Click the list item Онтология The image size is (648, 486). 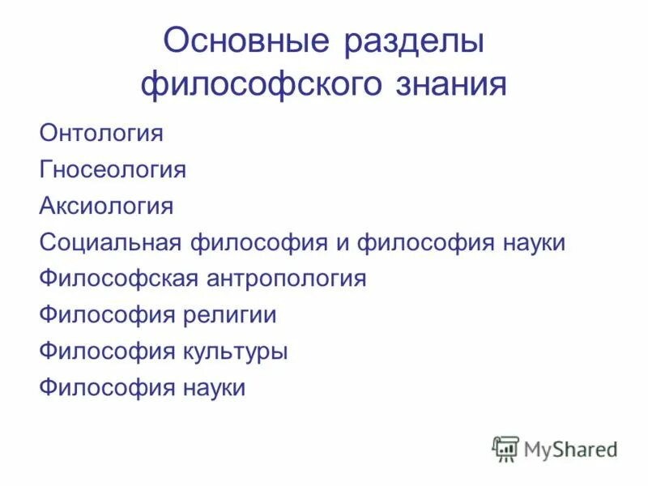[101, 133]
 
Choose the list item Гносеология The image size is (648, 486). [113, 169]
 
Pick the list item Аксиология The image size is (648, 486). [106, 206]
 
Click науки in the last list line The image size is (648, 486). [209, 388]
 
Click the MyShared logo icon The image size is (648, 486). [505, 448]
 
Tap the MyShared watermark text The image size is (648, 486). [570, 448]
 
